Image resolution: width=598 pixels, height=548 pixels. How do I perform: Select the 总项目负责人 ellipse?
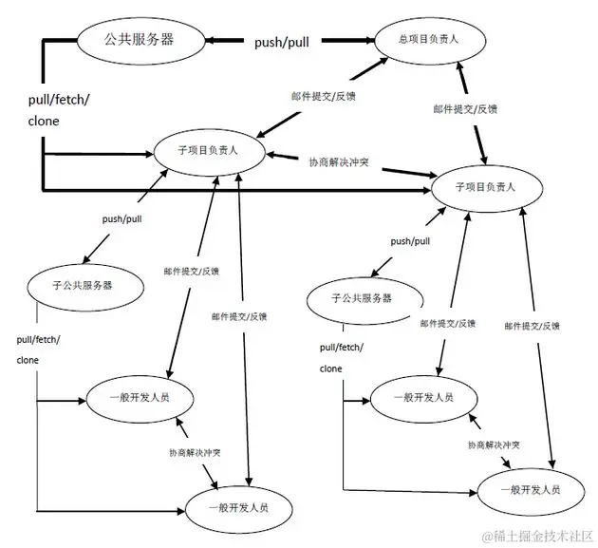coord(430,39)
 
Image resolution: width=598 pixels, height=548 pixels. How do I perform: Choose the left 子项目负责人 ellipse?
coord(209,150)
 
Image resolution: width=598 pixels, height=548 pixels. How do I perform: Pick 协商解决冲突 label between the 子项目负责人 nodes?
coord(339,163)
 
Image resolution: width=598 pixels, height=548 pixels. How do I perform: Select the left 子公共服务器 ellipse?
coord(85,284)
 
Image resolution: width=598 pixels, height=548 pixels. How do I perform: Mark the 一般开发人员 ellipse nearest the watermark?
coord(526,489)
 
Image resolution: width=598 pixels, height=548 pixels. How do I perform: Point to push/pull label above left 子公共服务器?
coord(122,218)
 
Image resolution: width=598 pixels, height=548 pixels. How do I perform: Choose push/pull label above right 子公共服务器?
coord(410,241)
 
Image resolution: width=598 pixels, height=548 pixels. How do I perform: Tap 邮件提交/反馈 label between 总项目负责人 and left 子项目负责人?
coord(322,97)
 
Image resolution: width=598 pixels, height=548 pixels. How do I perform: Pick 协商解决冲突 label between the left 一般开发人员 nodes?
coord(195,451)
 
